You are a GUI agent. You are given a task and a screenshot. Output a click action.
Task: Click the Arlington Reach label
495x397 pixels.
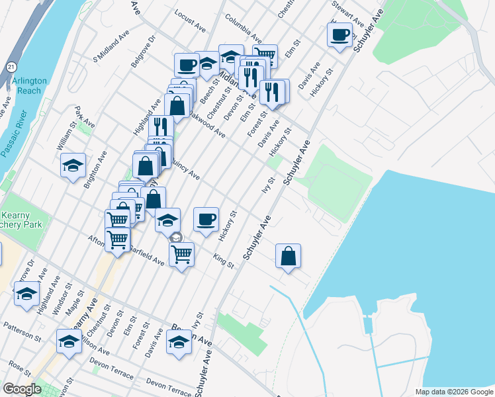(x=29, y=85)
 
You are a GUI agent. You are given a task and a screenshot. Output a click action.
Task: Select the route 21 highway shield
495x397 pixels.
(x=11, y=67)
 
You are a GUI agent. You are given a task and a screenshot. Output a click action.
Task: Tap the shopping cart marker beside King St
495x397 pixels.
(x=181, y=253)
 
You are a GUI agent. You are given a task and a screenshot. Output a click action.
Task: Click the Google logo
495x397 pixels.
(x=22, y=390)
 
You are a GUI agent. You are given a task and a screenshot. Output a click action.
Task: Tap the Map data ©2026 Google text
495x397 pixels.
(x=453, y=392)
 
